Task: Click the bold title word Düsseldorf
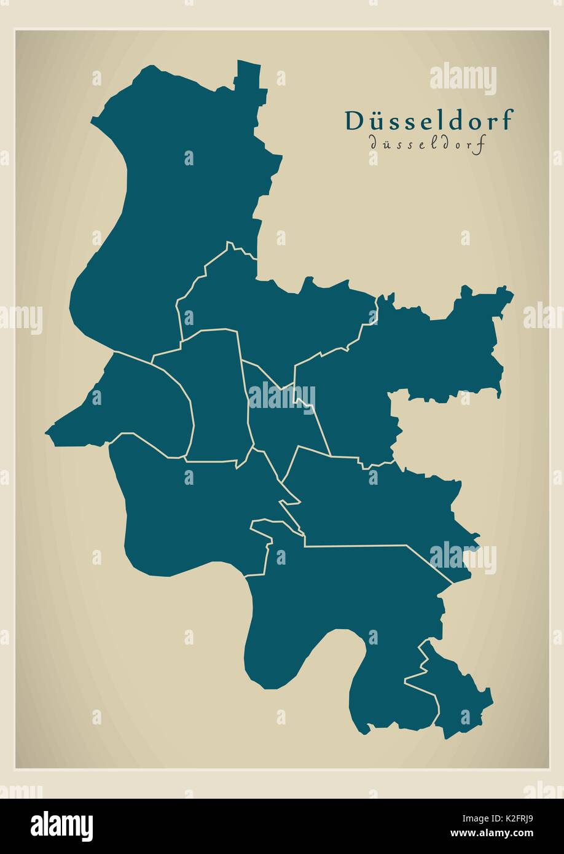[x=428, y=120]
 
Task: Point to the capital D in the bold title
[x=353, y=120]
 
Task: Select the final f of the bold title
[x=505, y=120]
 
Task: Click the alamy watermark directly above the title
[x=463, y=79]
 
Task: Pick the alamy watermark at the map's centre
[x=281, y=397]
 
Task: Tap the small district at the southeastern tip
[x=455, y=694]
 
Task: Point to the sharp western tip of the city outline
[x=47, y=433]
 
